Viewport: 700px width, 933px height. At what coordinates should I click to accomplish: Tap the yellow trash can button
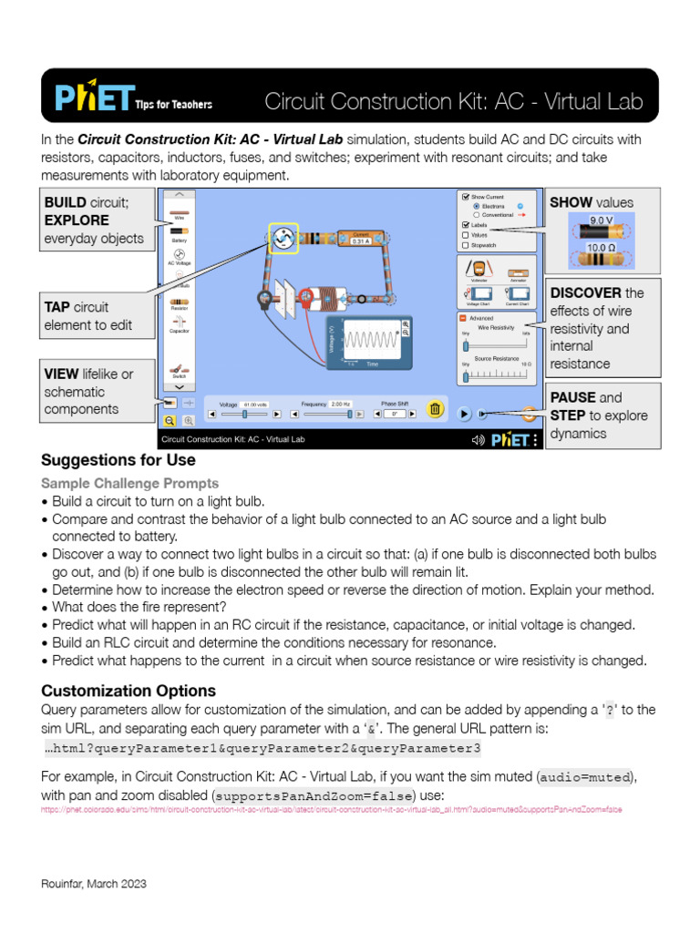(x=435, y=410)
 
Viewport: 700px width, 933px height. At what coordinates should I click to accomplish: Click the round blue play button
(x=464, y=413)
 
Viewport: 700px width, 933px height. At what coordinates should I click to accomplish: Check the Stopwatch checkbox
(x=466, y=245)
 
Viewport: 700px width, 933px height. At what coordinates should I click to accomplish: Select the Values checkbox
(x=466, y=235)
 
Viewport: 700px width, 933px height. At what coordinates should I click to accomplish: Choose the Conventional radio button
(x=477, y=215)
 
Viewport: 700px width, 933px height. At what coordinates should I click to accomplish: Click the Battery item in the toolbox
(x=179, y=234)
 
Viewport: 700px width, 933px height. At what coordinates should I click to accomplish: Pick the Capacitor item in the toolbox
(x=179, y=323)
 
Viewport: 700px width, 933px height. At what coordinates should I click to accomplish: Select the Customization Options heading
(x=129, y=690)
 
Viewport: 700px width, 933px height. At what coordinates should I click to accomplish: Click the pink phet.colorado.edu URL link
(x=332, y=809)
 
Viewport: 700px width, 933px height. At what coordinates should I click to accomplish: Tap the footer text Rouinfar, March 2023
(x=94, y=884)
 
